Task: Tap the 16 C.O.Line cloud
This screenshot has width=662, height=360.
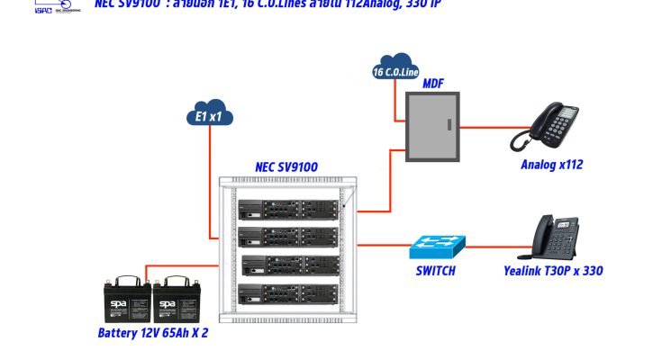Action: pyautogui.click(x=395, y=71)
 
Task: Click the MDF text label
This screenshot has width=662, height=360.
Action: pyautogui.click(x=433, y=84)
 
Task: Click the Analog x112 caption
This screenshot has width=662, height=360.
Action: pyautogui.click(x=550, y=165)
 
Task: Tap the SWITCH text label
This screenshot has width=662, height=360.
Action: pyautogui.click(x=435, y=271)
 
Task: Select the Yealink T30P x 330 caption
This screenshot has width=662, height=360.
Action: pyautogui.click(x=554, y=271)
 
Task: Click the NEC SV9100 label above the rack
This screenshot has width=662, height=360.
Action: pyautogui.click(x=286, y=166)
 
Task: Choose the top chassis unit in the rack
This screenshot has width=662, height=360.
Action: pyautogui.click(x=289, y=209)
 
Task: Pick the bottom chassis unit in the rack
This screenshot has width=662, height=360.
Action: pyautogui.click(x=289, y=293)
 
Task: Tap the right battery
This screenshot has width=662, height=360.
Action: pyautogui.click(x=176, y=299)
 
